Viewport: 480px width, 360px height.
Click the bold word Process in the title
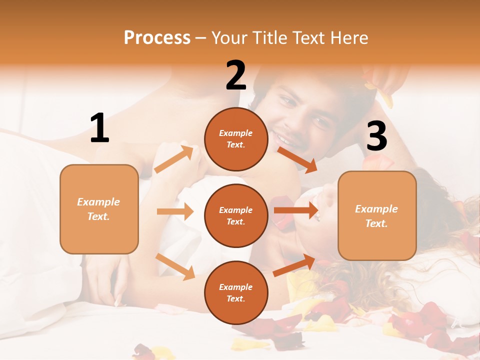tap(157, 37)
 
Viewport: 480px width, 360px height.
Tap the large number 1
tap(99, 128)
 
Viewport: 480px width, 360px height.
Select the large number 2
tap(236, 75)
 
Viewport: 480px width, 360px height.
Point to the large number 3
tap(376, 136)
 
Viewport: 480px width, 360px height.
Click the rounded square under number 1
tap(99, 208)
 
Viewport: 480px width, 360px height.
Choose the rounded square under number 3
tap(377, 215)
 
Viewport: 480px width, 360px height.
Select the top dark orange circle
tap(236, 139)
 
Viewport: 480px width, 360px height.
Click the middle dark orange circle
tap(236, 215)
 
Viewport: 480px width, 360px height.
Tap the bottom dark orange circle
tap(236, 292)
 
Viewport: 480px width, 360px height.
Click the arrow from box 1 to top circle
tap(173, 159)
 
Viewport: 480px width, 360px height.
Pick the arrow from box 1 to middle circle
tap(175, 211)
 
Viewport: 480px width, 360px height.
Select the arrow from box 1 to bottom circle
tap(175, 266)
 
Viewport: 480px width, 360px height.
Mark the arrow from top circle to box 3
tap(297, 159)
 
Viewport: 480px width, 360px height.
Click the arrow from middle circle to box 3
tap(296, 210)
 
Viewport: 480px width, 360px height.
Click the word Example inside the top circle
tap(236, 133)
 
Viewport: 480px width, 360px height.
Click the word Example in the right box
tap(376, 209)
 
